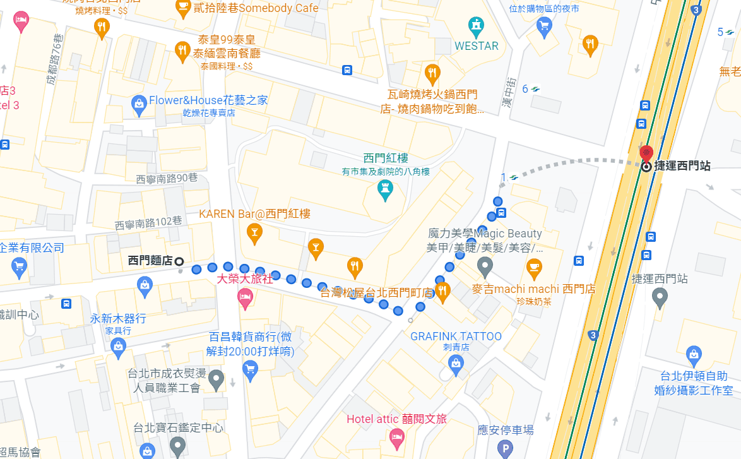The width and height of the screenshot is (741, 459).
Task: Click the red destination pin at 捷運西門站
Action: (x=646, y=153)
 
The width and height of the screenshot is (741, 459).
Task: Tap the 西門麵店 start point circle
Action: (x=179, y=261)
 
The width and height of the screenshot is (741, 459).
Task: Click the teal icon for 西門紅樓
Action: (x=384, y=188)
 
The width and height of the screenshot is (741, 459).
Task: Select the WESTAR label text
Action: (x=477, y=46)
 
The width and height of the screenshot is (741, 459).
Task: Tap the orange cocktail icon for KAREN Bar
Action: (x=254, y=232)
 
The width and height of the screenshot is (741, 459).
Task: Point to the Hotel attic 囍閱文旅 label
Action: (x=396, y=419)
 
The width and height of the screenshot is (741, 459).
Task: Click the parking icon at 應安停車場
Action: (x=504, y=448)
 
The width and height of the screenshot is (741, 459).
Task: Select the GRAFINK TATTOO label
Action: (x=456, y=337)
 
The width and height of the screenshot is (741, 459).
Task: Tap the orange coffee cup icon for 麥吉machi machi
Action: (x=534, y=267)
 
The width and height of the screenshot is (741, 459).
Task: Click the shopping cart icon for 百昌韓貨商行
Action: (x=251, y=369)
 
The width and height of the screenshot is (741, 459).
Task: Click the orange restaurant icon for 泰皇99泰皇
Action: (x=182, y=50)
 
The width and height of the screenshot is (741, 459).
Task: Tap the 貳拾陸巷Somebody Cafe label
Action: (x=247, y=8)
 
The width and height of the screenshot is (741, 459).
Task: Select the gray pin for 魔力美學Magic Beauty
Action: (x=485, y=266)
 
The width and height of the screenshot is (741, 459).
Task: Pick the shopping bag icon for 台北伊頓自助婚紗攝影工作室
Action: (x=694, y=354)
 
